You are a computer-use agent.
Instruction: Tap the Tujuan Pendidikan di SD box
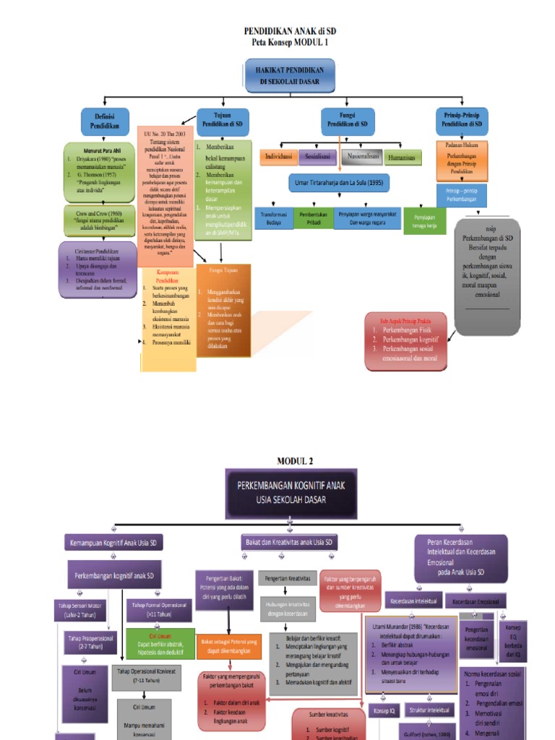(x=223, y=120)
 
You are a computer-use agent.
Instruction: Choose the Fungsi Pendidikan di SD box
(x=347, y=120)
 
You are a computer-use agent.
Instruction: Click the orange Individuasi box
(x=278, y=156)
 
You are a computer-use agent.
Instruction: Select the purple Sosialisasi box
(x=317, y=156)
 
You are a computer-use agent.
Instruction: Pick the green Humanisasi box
(x=403, y=157)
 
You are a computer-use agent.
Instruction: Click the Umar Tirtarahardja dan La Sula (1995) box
(x=339, y=184)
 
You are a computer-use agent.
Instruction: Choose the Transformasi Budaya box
(x=273, y=219)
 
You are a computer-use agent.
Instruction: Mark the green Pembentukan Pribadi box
(x=313, y=219)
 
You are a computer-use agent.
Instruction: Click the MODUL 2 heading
(x=295, y=460)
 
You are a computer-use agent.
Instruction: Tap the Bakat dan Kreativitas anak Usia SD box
(x=288, y=541)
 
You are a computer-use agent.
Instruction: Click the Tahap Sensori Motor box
(x=80, y=610)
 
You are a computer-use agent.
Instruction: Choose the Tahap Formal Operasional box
(x=159, y=610)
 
